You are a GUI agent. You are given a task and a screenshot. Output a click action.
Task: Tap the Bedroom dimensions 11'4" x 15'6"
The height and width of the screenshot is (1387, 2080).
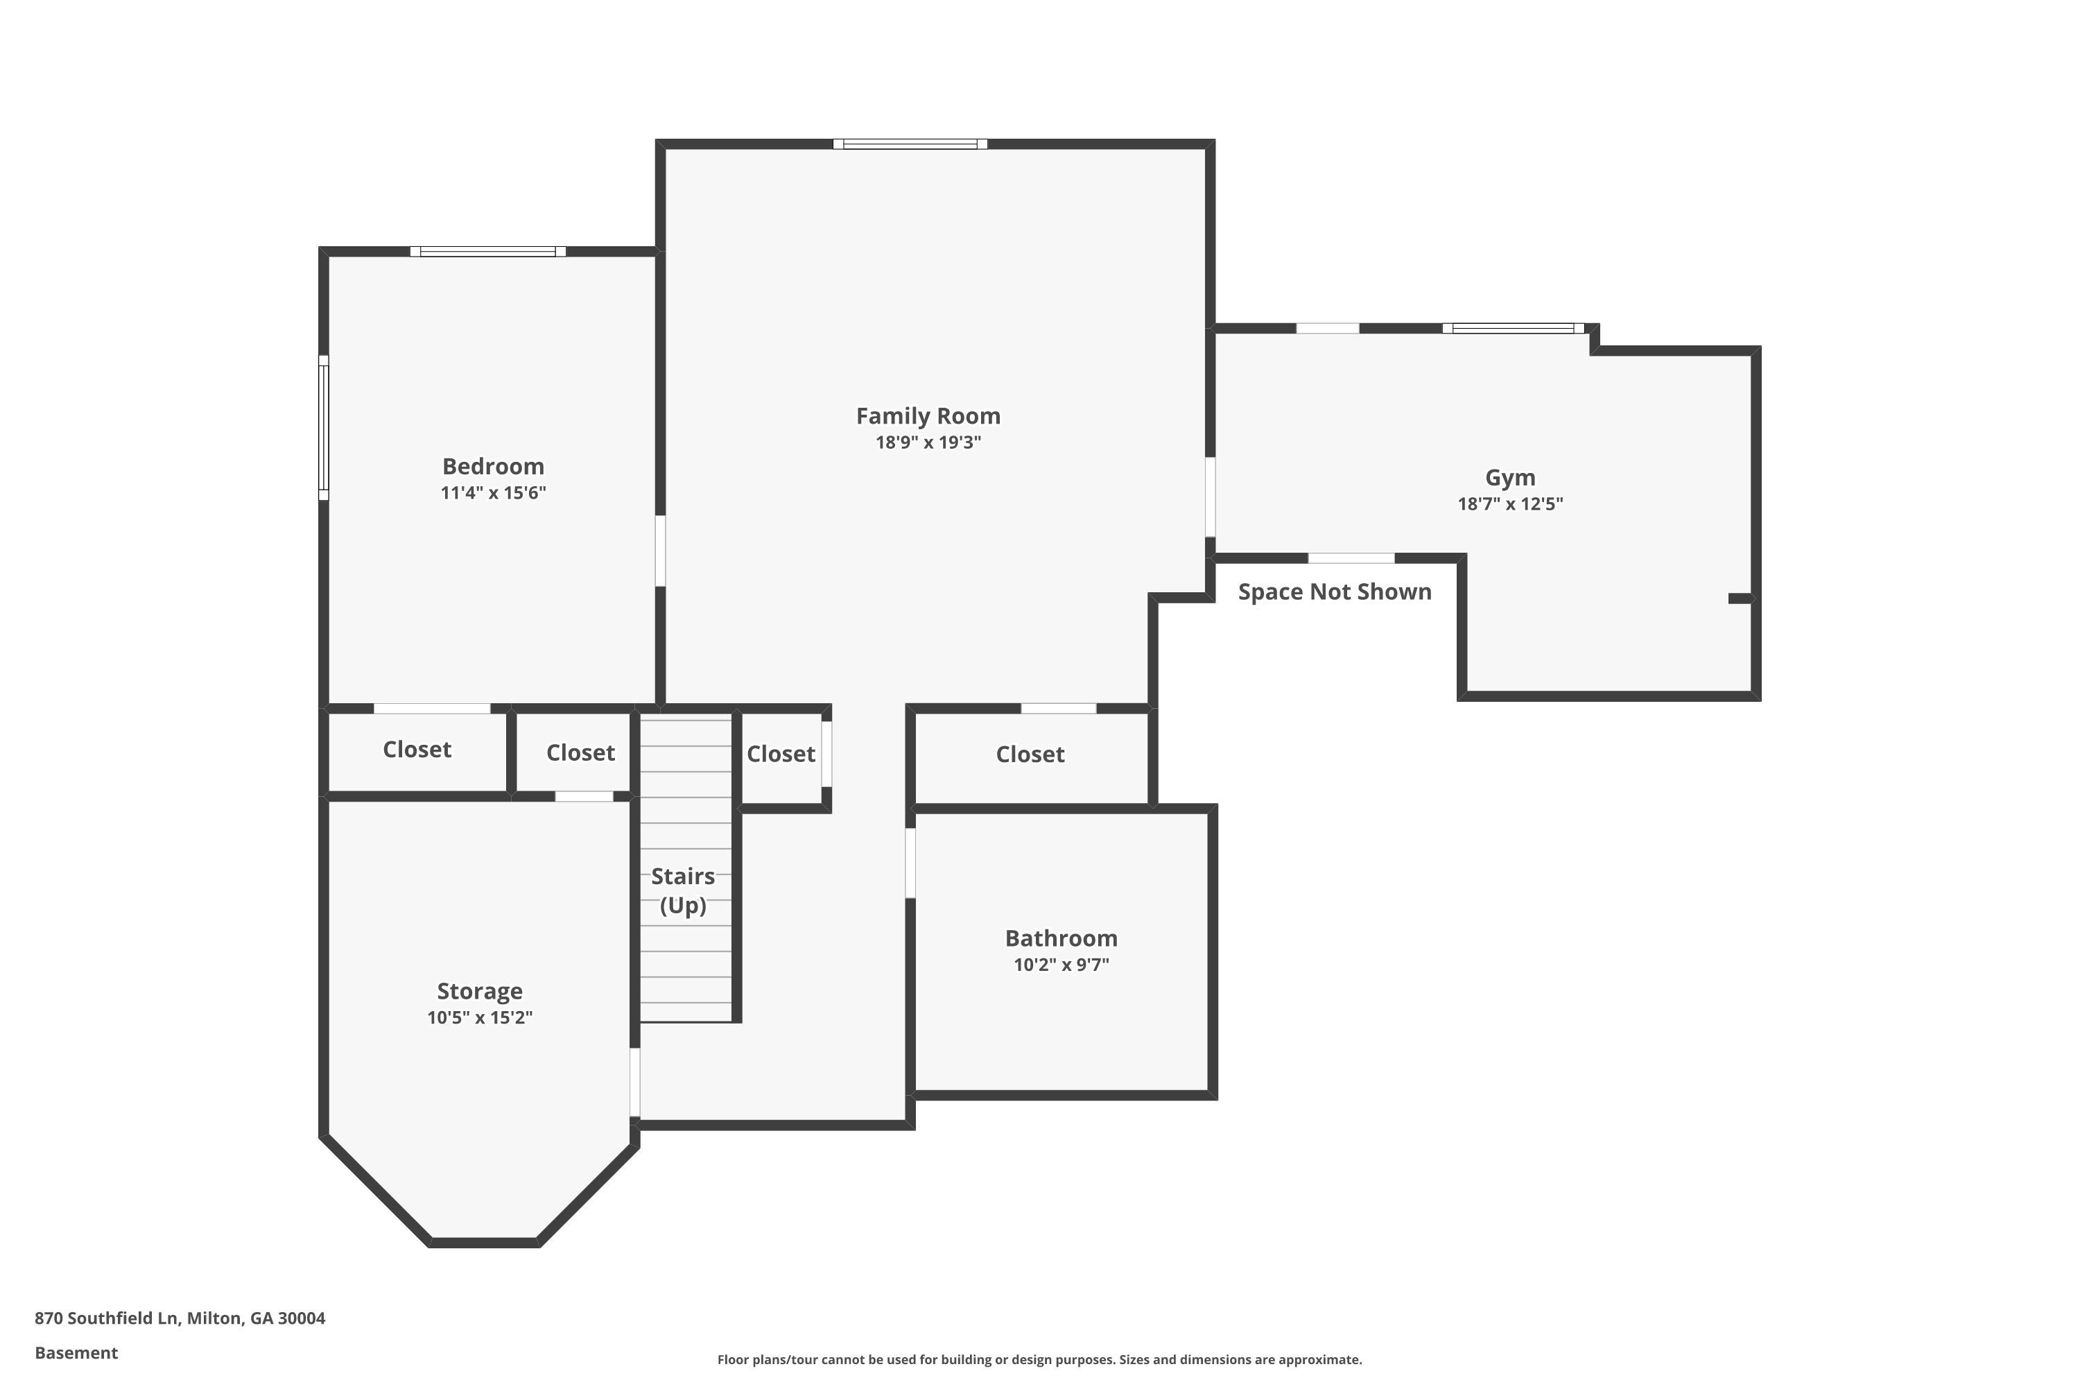pyautogui.click(x=494, y=492)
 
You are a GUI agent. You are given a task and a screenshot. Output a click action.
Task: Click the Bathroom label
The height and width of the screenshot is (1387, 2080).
pyautogui.click(x=1061, y=938)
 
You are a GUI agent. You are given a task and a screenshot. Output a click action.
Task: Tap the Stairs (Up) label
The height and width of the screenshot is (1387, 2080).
pyautogui.click(x=683, y=890)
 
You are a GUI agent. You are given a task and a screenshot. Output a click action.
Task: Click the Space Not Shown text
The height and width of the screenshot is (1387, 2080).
pyautogui.click(x=1335, y=592)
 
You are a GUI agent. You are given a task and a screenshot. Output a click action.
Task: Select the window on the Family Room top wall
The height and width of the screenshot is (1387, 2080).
pyautogui.click(x=910, y=144)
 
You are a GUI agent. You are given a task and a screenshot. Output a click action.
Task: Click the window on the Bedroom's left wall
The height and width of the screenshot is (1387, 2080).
pyautogui.click(x=324, y=428)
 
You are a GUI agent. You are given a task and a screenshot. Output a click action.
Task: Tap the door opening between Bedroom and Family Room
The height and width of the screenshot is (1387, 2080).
pyautogui.click(x=660, y=551)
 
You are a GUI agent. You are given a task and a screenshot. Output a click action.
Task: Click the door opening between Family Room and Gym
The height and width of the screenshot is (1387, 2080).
pyautogui.click(x=1211, y=497)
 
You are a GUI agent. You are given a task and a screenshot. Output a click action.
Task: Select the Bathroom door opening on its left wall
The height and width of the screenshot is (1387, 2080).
pyautogui.click(x=910, y=863)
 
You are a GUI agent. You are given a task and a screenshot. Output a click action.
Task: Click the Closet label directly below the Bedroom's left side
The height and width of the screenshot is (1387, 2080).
pyautogui.click(x=417, y=749)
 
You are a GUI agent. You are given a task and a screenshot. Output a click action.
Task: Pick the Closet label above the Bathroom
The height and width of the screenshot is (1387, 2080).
pyautogui.click(x=1030, y=754)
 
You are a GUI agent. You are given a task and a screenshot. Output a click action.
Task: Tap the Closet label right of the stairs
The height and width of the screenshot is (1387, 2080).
pyautogui.click(x=781, y=754)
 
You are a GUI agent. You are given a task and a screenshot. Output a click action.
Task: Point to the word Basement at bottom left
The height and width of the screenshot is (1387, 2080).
pyautogui.click(x=76, y=1352)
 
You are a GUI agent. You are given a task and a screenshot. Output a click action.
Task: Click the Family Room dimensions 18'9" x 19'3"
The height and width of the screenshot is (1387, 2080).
pyautogui.click(x=928, y=442)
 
